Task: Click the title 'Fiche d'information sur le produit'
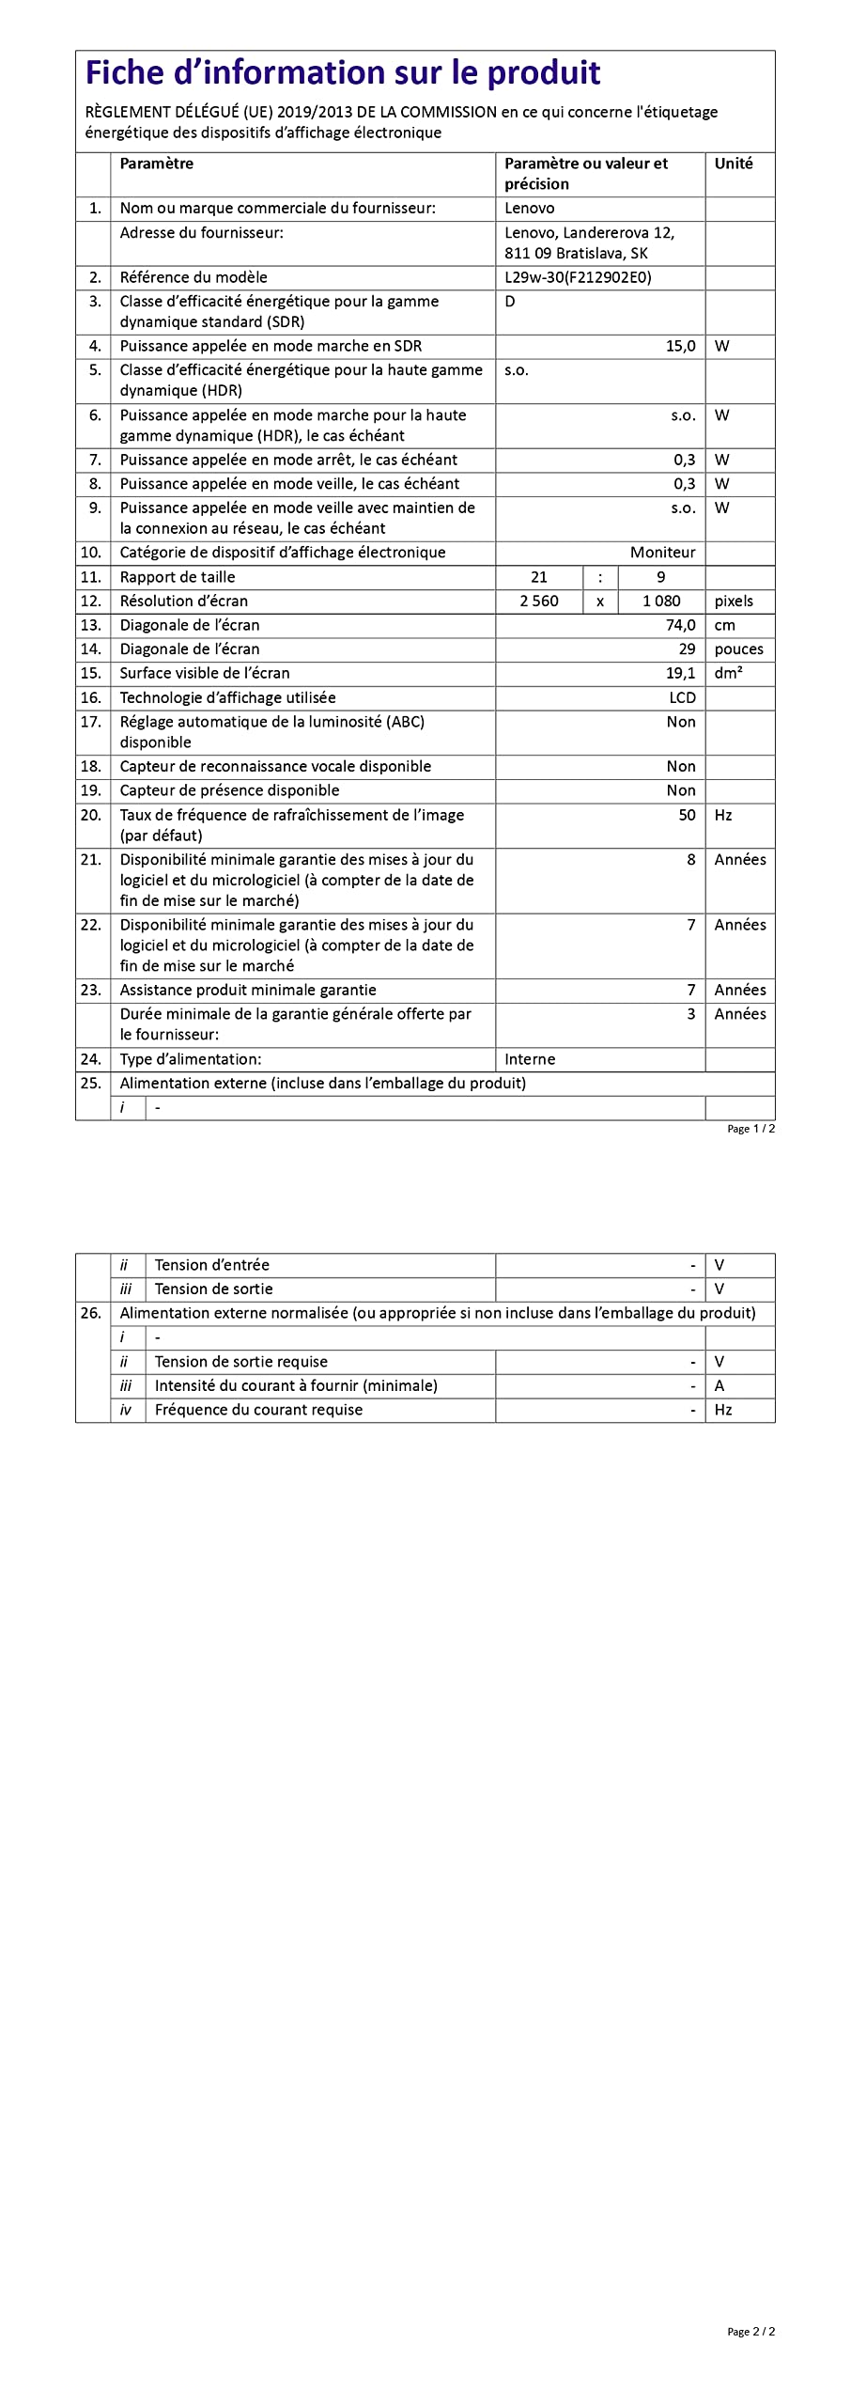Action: pyautogui.click(x=343, y=72)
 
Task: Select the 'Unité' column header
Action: pyautogui.click(x=733, y=164)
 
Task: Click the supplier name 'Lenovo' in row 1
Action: pyautogui.click(x=529, y=209)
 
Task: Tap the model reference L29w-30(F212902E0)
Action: pyautogui.click(x=577, y=277)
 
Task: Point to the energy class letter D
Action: pyautogui.click(x=510, y=302)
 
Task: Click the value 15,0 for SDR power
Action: pyautogui.click(x=680, y=346)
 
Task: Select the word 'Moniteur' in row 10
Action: pyautogui.click(x=662, y=553)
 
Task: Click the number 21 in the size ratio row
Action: pyautogui.click(x=538, y=577)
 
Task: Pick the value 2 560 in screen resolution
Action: pyautogui.click(x=539, y=601)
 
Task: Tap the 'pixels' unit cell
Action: pyautogui.click(x=734, y=601)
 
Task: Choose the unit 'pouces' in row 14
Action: pyautogui.click(x=738, y=649)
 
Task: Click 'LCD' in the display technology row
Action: pyautogui.click(x=682, y=697)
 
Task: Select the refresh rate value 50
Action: pyautogui.click(x=687, y=815)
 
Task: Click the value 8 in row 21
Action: pyautogui.click(x=690, y=860)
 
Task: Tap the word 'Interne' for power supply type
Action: pyautogui.click(x=530, y=1059)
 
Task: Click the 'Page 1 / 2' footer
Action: pyautogui.click(x=750, y=1129)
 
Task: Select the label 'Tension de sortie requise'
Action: pyautogui.click(x=241, y=1362)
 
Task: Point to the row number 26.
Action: pyautogui.click(x=90, y=1313)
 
